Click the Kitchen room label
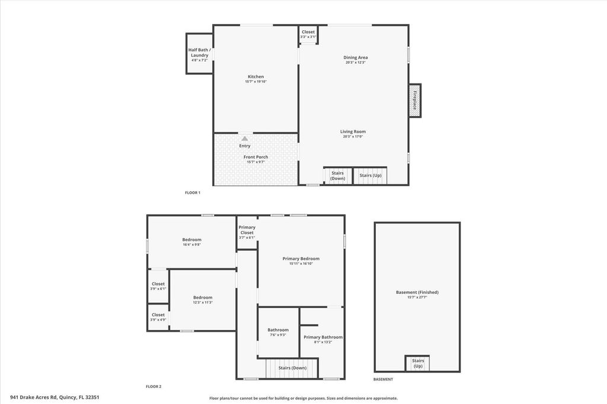(255, 76)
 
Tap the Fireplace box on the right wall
(415, 100)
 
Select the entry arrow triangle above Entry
(244, 139)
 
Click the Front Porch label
(255, 157)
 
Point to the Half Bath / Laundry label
(199, 53)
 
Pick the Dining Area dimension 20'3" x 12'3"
(356, 62)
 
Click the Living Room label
(353, 132)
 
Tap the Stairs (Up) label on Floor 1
(370, 175)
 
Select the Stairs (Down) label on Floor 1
(338, 175)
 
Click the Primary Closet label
(247, 230)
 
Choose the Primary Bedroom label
(301, 259)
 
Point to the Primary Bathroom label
(323, 337)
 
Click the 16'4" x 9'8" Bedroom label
(191, 239)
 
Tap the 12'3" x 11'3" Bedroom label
(203, 297)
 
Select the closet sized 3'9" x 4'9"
(158, 317)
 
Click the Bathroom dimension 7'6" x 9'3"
(278, 335)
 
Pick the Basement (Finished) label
(417, 292)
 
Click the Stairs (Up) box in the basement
(418, 363)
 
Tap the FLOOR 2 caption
(154, 386)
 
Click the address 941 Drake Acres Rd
(55, 397)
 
